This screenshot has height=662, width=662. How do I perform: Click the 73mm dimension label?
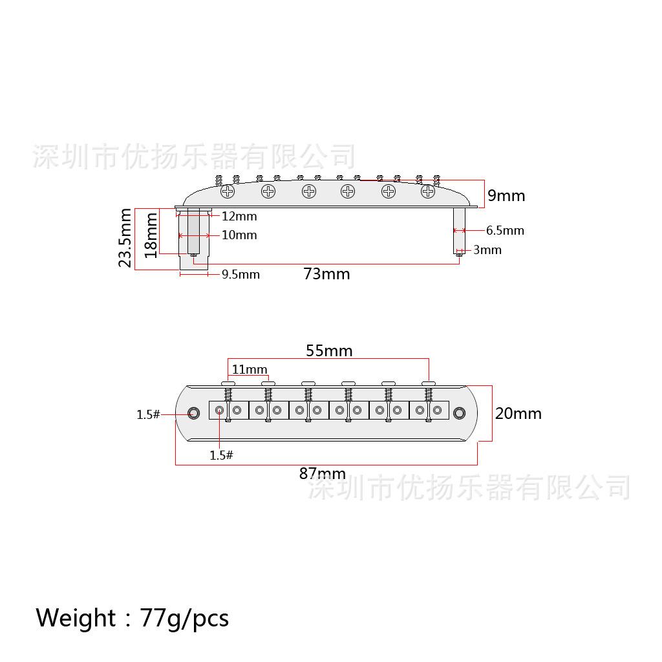(326, 274)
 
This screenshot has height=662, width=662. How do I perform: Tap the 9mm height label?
(506, 195)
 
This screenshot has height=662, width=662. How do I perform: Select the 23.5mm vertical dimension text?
(125, 238)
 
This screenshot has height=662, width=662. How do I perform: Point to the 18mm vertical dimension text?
(151, 235)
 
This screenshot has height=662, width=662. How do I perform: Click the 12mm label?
(239, 216)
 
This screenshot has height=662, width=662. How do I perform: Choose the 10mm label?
(239, 235)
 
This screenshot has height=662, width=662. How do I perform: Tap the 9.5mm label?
(240, 274)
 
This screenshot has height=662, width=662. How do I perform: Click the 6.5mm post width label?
(505, 231)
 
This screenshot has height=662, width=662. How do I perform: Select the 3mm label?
(487, 250)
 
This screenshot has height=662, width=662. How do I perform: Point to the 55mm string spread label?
(329, 350)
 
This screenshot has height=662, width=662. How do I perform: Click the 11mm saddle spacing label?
(250, 369)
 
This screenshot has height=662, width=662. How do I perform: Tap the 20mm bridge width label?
(518, 413)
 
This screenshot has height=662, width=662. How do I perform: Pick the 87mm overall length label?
(323, 473)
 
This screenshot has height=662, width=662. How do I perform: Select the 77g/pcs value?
(184, 619)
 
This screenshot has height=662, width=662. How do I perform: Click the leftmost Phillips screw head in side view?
(228, 191)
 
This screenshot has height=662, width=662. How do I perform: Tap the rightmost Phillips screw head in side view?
(428, 191)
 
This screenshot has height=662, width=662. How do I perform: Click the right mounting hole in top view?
(460, 413)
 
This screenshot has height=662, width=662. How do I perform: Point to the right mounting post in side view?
(459, 231)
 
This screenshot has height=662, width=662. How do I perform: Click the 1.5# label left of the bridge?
(148, 414)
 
